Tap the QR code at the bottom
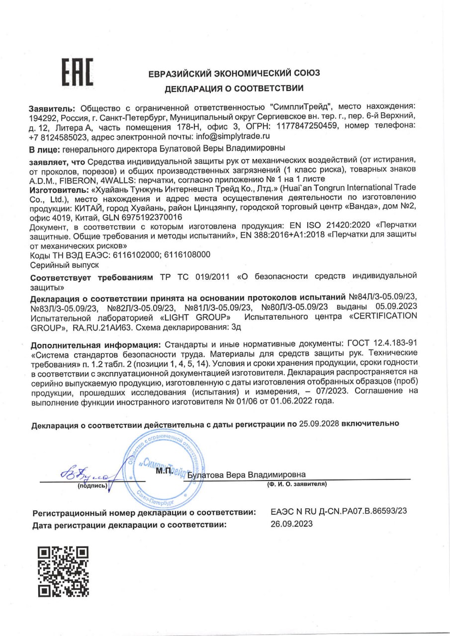[x=63, y=571]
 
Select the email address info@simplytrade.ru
[x=233, y=135]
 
